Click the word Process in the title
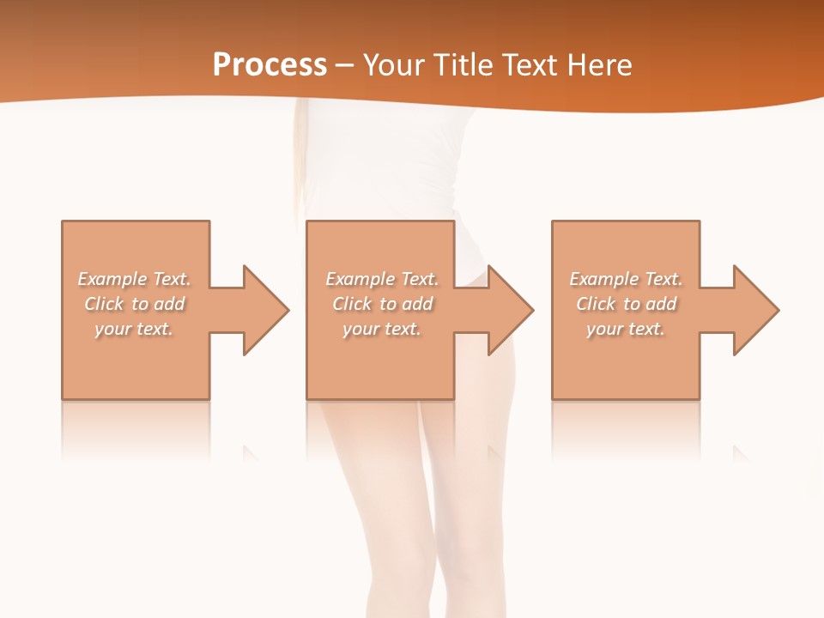270,65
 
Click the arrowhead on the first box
266,310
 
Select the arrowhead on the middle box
511,310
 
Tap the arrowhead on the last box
755,310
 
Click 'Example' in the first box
112,279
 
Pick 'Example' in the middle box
359,279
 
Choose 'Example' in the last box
603,279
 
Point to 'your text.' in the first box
134,329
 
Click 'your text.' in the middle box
381,329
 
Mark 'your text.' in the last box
625,329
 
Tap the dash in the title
345,65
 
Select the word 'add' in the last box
658,304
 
